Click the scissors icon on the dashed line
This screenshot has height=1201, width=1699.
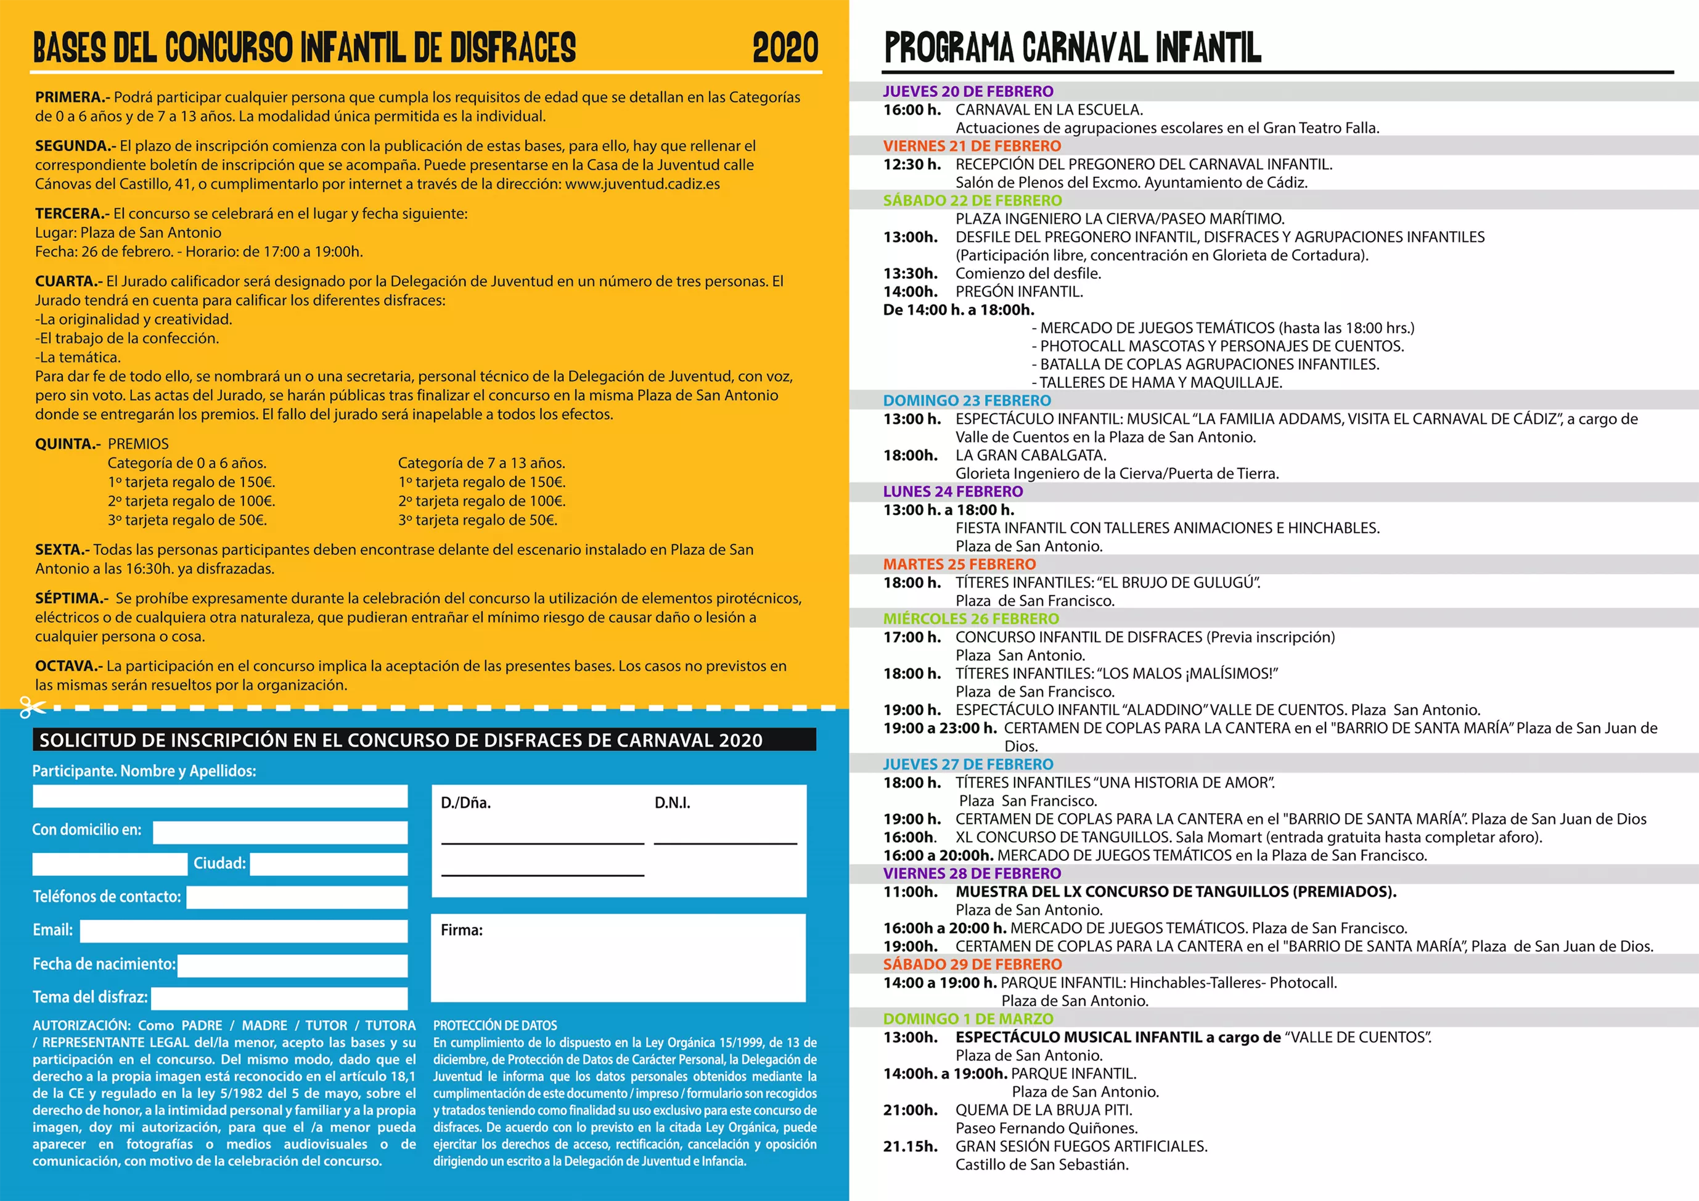32,707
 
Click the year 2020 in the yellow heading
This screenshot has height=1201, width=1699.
785,48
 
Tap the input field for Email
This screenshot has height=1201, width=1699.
244,931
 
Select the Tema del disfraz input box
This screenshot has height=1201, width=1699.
279,998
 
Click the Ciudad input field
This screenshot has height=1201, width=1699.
329,864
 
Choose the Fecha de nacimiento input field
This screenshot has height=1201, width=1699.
292,965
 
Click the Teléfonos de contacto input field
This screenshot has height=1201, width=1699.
297,897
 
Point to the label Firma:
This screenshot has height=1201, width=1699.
461,930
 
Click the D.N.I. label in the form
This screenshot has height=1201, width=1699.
672,803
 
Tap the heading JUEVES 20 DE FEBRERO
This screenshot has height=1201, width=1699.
968,92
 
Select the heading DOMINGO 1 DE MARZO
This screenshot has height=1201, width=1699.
968,1019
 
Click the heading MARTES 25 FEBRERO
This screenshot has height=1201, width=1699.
959,565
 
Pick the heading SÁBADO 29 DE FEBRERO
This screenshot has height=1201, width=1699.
972,964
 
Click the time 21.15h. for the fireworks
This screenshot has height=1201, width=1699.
910,1146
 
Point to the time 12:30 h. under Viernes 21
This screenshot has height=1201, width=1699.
912,164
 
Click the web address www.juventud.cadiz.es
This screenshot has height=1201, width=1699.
642,184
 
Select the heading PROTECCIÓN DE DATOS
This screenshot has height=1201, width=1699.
495,1026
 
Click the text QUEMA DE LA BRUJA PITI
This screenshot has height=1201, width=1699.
1043,1110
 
